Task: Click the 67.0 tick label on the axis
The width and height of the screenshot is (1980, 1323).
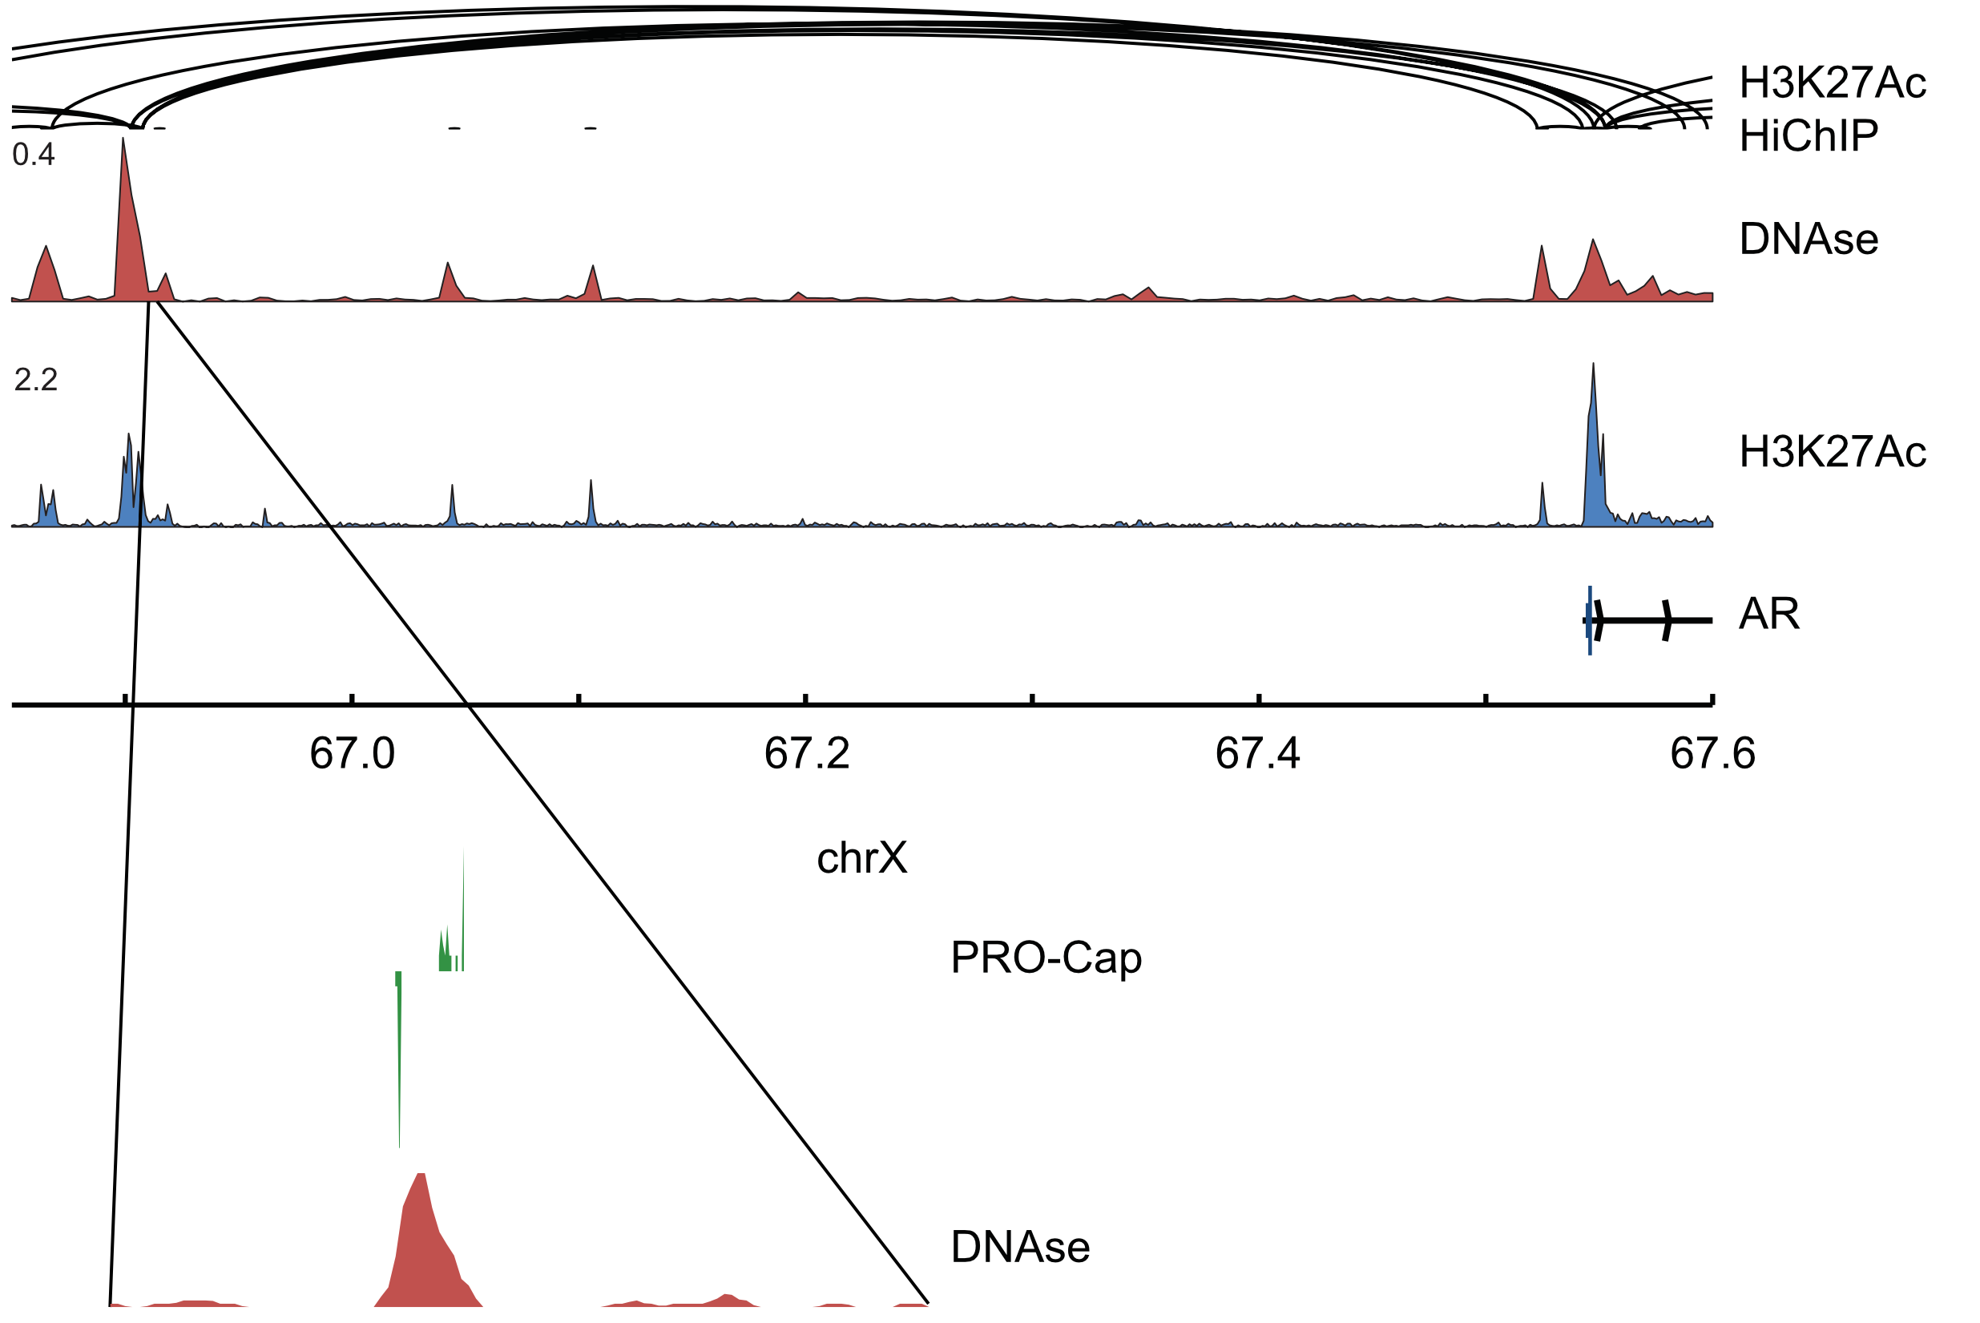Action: [352, 753]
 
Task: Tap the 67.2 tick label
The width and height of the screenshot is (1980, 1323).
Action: [807, 753]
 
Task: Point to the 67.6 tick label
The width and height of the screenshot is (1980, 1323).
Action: [1712, 753]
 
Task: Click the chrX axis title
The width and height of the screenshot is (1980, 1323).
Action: [861, 858]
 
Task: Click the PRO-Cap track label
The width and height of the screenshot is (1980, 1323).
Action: [1046, 958]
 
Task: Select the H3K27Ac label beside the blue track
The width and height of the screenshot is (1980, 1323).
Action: [1833, 452]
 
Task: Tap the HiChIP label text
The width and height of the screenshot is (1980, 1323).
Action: [1809, 135]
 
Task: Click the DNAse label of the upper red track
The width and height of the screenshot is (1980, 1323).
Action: [1809, 239]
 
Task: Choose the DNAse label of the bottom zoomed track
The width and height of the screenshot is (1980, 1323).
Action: [1020, 1247]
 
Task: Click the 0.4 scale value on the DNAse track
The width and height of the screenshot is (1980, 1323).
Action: [34, 155]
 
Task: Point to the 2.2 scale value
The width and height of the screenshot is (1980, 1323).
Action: [35, 380]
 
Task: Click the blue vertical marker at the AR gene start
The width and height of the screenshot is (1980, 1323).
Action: [1590, 620]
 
